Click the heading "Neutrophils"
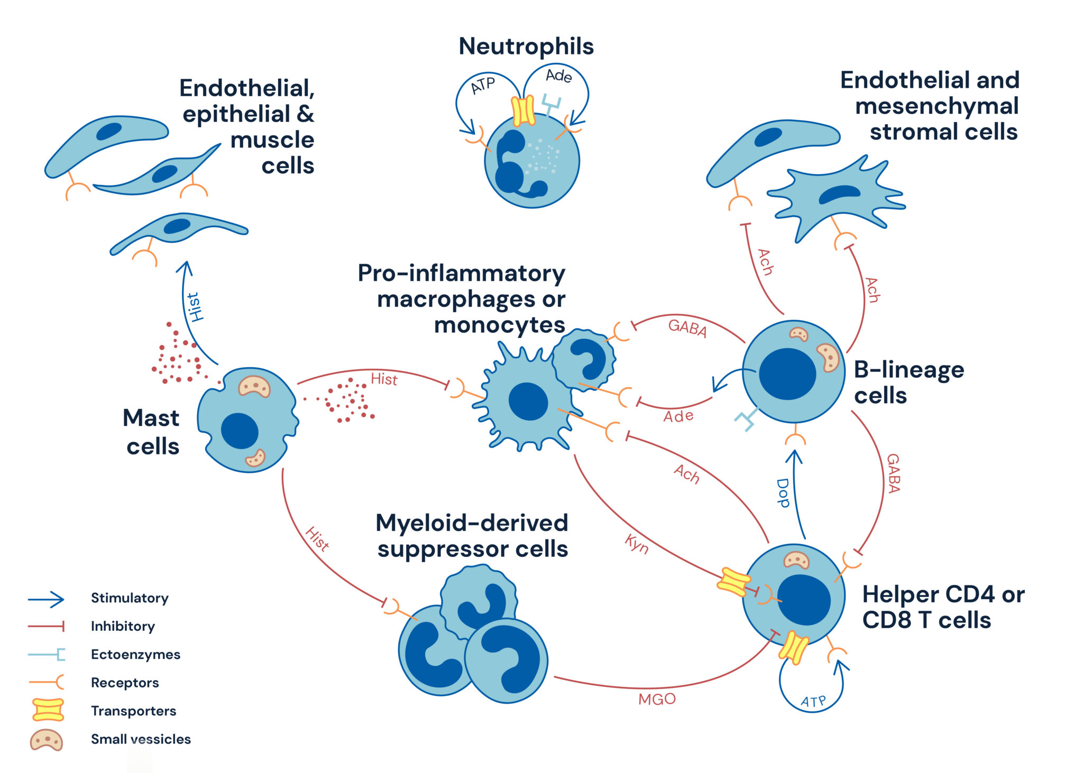[x=526, y=46]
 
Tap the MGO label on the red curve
[x=657, y=699]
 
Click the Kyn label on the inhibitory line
[x=636, y=544]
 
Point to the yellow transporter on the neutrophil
[x=523, y=110]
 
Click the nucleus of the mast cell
[x=240, y=431]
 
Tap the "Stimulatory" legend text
[x=130, y=598]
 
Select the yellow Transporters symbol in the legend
[x=48, y=710]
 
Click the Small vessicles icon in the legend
[x=47, y=740]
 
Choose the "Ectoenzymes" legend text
[x=135, y=654]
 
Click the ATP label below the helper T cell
[x=813, y=702]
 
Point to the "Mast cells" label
[x=152, y=432]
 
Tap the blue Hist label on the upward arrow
[x=196, y=306]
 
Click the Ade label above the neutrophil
[x=558, y=76]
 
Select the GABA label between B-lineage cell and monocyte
[x=687, y=328]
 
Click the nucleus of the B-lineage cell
[x=787, y=374]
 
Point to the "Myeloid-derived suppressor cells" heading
[x=472, y=536]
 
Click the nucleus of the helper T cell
[x=804, y=600]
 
